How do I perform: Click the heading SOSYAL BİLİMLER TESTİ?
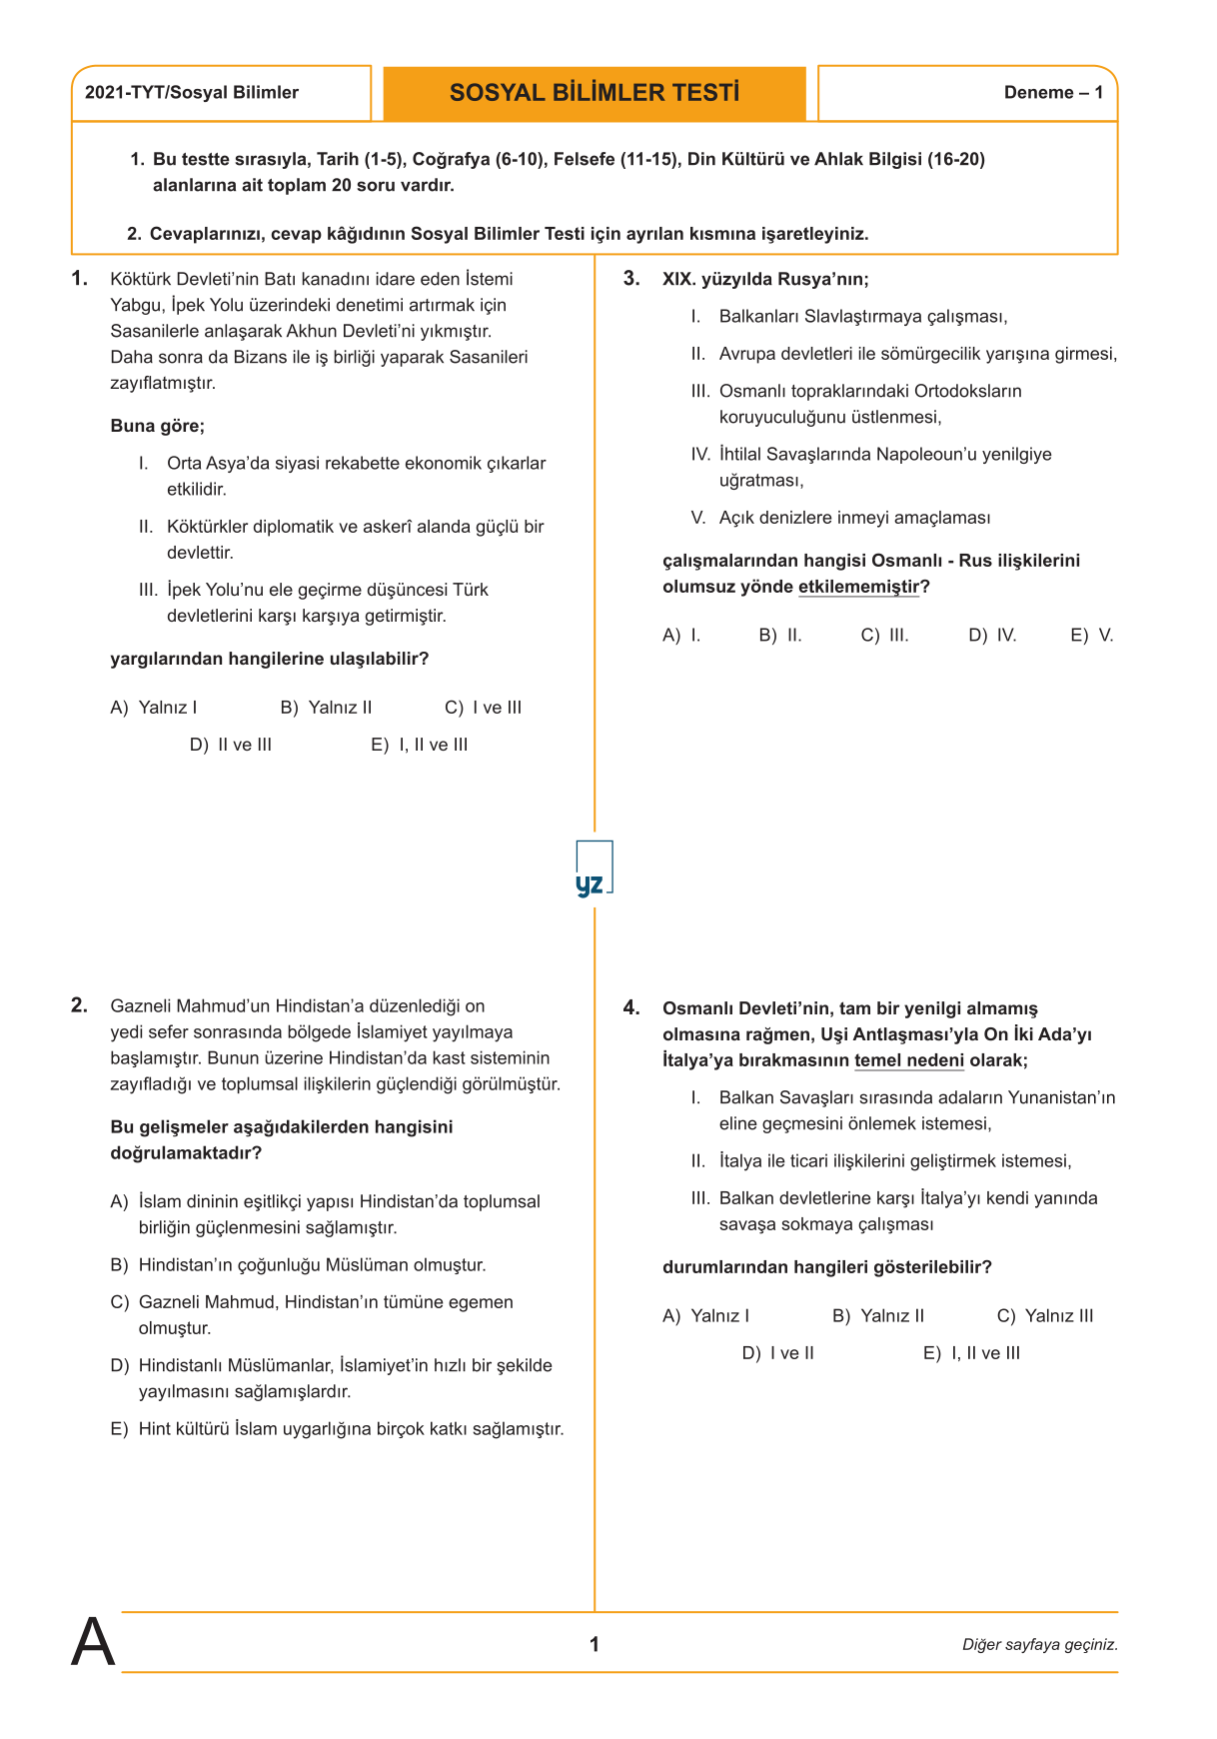(x=595, y=93)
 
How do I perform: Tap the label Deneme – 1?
(x=1053, y=93)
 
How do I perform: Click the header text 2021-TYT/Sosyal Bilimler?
(x=192, y=93)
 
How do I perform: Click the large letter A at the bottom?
(x=93, y=1642)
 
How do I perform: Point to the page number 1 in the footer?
(x=595, y=1644)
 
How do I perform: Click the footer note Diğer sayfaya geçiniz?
(x=1039, y=1644)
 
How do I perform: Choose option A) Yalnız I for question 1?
(x=154, y=708)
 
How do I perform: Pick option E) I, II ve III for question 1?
(x=420, y=745)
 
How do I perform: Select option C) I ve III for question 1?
(x=484, y=708)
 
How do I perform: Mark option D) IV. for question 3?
(x=992, y=636)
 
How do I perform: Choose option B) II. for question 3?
(x=780, y=636)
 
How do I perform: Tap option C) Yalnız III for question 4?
(x=1045, y=1316)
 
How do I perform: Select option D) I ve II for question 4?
(x=778, y=1353)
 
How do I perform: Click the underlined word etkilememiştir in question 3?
(x=858, y=588)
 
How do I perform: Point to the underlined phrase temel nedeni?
(x=909, y=1061)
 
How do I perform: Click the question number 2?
(x=79, y=1005)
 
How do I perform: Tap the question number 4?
(x=631, y=1007)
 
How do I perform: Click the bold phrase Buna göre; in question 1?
(x=157, y=427)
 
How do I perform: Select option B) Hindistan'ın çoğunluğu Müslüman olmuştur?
(x=299, y=1265)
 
